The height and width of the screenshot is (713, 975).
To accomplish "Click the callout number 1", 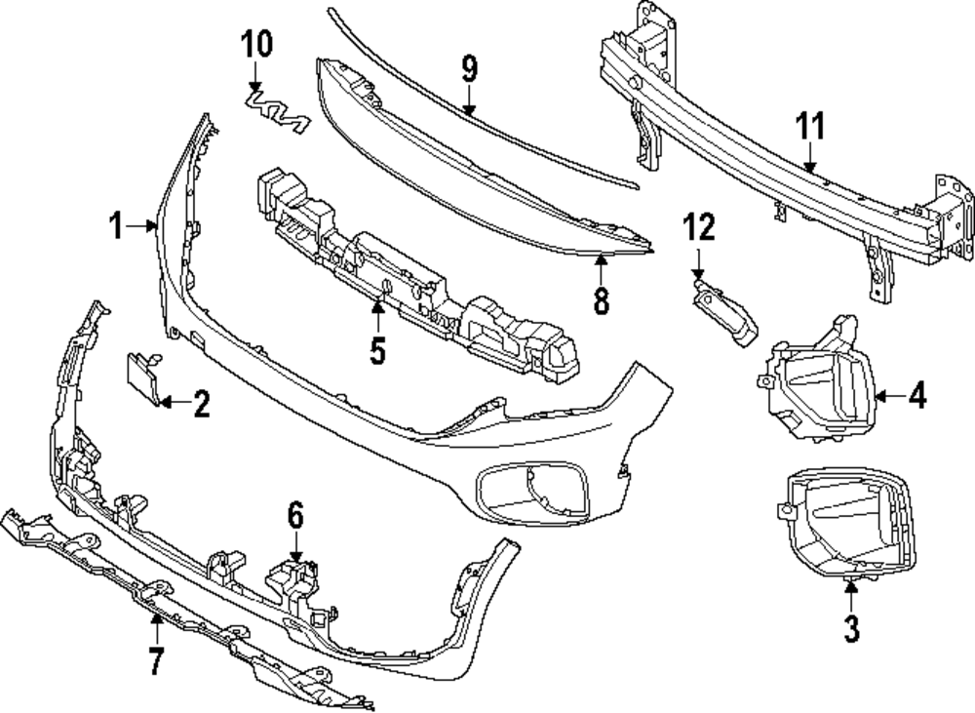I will point(116,226).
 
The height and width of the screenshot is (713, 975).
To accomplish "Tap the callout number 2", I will point(201,403).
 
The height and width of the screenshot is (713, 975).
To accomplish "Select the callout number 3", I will point(852,629).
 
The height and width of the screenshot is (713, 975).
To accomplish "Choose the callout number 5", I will point(378,349).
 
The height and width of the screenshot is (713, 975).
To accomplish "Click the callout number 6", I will point(295,514).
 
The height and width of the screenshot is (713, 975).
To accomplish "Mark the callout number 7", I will point(154,660).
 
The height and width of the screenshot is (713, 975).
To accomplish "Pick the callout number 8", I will point(601,299).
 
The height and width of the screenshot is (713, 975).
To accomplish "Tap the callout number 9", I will point(469,69).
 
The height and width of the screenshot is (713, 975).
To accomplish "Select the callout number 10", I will point(257,43).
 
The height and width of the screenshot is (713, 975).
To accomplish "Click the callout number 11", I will point(810,127).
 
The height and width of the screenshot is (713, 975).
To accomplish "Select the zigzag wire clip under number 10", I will point(275,107).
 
